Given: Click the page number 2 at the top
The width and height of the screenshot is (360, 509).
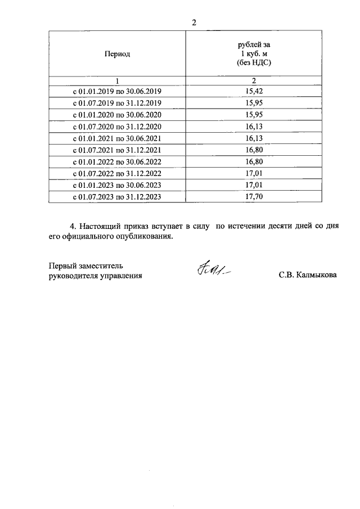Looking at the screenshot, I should (194, 22).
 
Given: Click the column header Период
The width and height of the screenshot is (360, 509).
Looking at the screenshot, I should (117, 54).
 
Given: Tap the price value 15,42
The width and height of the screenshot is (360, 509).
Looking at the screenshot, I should (254, 91).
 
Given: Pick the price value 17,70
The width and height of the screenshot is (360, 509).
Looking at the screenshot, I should (254, 197).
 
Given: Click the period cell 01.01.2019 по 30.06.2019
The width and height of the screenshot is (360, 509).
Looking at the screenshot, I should (118, 91).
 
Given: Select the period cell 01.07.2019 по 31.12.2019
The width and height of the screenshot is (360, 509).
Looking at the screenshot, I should (118, 102).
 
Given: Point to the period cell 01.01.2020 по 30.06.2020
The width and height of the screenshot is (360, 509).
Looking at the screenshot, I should (118, 114).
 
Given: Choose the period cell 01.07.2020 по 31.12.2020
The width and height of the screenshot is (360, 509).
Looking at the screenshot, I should (118, 126).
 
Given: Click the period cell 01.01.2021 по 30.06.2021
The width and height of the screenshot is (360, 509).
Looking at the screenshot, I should (118, 138).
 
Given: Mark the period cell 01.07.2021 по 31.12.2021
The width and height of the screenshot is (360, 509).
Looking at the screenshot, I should (118, 150).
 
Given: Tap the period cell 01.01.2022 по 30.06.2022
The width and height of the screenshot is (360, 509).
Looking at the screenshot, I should (118, 161).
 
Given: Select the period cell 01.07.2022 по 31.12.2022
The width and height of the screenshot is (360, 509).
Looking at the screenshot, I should (118, 173).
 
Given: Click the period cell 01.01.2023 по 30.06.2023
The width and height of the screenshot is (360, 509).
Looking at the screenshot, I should (118, 185).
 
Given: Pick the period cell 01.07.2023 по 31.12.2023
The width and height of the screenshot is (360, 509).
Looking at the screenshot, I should (118, 197).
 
